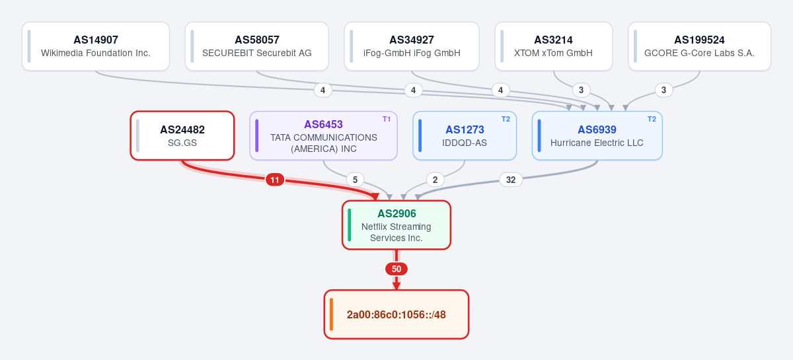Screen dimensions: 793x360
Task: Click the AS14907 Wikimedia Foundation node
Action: (x=96, y=46)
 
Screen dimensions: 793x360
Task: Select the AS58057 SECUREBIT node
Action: (x=256, y=46)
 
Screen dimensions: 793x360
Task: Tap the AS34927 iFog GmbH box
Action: (x=412, y=46)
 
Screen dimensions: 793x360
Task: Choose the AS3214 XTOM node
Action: (x=553, y=46)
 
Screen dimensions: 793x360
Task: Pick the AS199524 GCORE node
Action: (x=699, y=46)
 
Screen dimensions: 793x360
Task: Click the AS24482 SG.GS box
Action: (x=182, y=135)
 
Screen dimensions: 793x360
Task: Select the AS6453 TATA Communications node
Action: (x=324, y=135)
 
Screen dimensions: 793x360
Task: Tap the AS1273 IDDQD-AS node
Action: (x=465, y=135)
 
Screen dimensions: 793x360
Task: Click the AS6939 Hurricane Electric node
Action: (x=597, y=135)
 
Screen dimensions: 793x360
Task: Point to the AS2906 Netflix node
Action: (x=397, y=225)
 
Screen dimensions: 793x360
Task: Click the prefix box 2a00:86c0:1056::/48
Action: (x=397, y=314)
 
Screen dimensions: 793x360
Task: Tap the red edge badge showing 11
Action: (x=275, y=180)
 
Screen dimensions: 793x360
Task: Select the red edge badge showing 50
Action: (x=397, y=269)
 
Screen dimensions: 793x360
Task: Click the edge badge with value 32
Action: (x=510, y=180)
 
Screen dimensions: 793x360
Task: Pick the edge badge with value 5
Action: (x=355, y=180)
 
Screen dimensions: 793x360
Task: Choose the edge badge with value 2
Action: (x=435, y=180)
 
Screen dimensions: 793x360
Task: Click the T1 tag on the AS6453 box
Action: (x=387, y=120)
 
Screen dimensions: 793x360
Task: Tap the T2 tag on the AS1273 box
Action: (x=506, y=120)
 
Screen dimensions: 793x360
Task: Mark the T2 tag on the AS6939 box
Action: (x=652, y=120)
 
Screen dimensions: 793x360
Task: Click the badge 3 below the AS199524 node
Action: (x=663, y=90)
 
